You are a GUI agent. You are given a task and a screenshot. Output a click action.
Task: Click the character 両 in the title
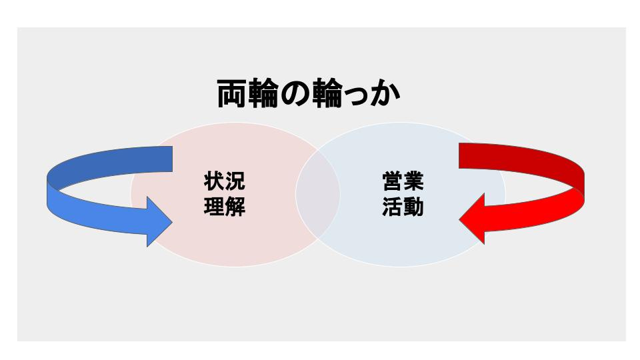233,95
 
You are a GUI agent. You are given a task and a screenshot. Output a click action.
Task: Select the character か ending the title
385,95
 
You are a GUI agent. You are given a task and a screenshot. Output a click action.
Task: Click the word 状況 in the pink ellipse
224,182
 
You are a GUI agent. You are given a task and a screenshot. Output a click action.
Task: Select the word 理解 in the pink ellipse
224,207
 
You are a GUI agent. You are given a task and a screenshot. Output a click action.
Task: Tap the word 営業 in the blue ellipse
403,182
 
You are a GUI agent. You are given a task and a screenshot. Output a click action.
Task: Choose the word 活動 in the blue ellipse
403,207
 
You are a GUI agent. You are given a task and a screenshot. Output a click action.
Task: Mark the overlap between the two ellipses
318,194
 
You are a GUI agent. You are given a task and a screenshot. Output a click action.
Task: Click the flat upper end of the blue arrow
171,157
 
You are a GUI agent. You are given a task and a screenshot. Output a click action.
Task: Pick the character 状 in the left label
213,182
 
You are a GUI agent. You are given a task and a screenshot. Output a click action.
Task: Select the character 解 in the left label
235,207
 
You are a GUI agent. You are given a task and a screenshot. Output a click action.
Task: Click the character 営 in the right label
393,182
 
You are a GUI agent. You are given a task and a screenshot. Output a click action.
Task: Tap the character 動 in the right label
413,207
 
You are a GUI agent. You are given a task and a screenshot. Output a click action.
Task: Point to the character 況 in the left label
235,182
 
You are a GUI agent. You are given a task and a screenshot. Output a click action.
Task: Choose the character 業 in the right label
413,182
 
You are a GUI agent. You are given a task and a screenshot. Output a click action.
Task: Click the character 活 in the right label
393,207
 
